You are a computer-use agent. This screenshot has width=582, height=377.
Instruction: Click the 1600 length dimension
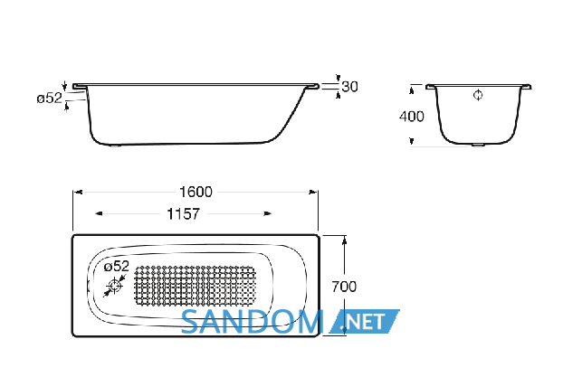coord(196,192)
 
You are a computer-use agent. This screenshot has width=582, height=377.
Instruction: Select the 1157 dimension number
coord(184,214)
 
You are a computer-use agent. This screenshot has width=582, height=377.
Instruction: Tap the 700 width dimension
coord(344,287)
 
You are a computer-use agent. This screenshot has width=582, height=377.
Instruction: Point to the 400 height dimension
coord(412,117)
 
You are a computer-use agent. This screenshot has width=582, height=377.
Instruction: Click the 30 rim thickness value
coord(349,87)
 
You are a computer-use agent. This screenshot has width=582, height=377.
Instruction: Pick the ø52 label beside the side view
coord(50,99)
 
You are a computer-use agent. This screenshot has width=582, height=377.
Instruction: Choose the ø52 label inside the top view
coord(117,266)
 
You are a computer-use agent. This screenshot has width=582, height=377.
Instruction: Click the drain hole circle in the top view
coord(115,287)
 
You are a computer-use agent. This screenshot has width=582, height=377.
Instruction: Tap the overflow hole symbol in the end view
coord(478,95)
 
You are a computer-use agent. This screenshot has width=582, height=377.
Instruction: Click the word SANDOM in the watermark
coord(252,322)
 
